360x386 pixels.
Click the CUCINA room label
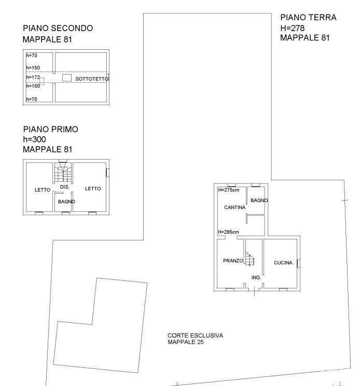283,263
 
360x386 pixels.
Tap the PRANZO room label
233,261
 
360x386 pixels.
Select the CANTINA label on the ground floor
234,208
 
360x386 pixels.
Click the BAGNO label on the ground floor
259,201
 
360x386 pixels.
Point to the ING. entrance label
256,277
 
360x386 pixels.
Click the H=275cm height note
228,190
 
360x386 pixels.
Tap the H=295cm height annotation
228,232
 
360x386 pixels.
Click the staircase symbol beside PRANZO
250,259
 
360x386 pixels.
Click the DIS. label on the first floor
65,187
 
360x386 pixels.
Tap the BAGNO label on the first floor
66,202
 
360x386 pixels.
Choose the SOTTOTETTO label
92,79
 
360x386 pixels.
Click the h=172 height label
33,77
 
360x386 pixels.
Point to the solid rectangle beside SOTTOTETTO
67,78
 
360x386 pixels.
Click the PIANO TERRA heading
308,18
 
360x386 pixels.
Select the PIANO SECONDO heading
58,28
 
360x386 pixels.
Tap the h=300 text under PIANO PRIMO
35,139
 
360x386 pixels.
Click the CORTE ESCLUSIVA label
195,336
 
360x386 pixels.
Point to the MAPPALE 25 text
186,342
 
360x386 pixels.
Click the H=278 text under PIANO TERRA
293,28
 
